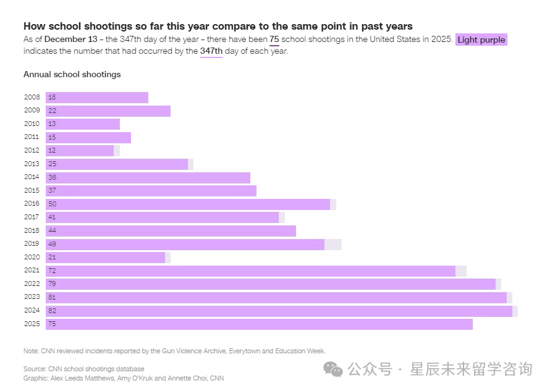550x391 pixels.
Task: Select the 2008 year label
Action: coord(32,98)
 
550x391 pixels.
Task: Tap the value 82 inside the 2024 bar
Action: coord(52,311)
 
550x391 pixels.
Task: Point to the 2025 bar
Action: coord(259,324)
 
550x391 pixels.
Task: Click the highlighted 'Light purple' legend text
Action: coord(481,40)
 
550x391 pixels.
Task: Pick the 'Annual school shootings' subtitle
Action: coord(72,74)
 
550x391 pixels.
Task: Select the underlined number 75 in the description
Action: coord(274,40)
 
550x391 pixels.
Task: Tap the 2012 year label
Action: coord(32,151)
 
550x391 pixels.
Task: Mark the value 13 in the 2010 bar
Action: coord(52,124)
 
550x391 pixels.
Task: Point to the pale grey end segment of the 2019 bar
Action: coord(333,244)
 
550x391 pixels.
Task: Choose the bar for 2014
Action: coord(148,177)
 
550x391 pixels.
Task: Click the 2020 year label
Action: coord(32,258)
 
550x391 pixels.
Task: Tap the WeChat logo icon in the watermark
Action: coord(334,369)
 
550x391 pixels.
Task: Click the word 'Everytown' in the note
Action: coord(245,351)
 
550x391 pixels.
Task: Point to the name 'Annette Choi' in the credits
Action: coord(187,378)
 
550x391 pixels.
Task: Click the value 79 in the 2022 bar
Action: coord(52,284)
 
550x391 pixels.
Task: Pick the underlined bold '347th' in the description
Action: coord(211,51)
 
